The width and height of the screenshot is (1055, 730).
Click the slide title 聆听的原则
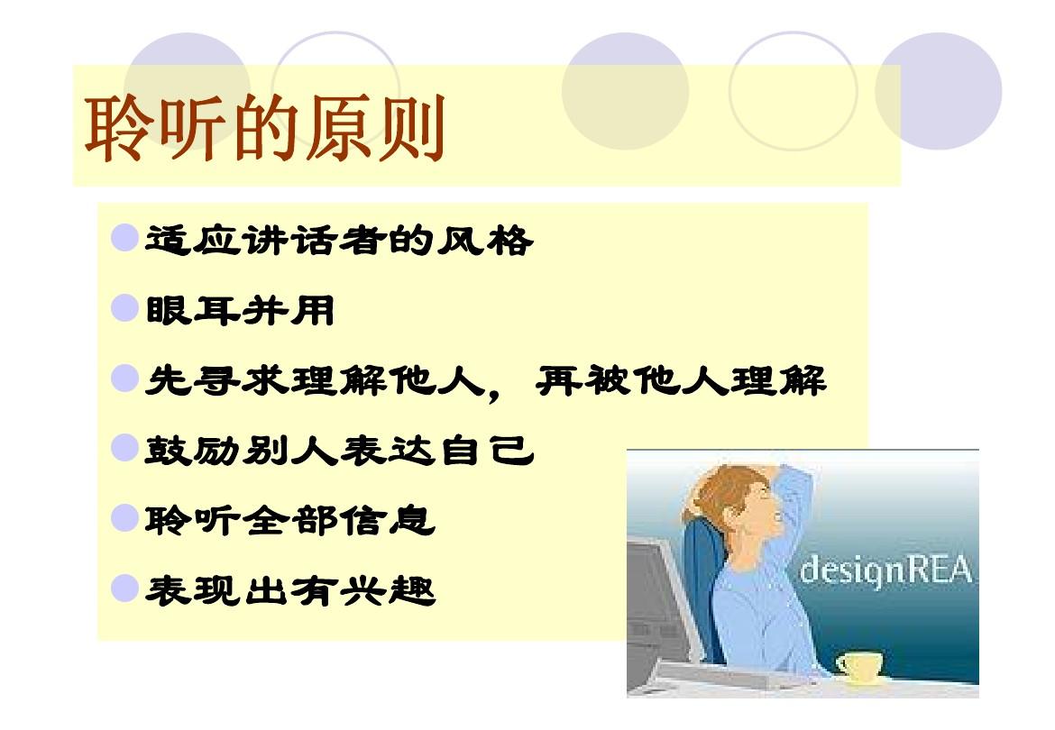point(264,128)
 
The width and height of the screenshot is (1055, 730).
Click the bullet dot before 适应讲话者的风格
point(124,238)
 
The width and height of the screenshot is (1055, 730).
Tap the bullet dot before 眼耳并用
point(124,308)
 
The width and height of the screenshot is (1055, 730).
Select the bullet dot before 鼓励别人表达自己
point(124,448)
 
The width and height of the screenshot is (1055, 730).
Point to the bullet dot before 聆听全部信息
point(124,518)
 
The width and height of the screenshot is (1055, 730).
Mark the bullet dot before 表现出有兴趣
point(124,589)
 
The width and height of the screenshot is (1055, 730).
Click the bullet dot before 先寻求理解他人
point(124,379)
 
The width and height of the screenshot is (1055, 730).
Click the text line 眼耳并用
point(240,311)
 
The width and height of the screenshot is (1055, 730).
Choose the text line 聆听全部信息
point(290,520)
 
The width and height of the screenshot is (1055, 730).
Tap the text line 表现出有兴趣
point(290,591)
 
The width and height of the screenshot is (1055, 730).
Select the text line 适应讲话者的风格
point(339,240)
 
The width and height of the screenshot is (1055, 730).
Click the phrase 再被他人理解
point(681,380)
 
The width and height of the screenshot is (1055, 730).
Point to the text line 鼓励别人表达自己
point(339,451)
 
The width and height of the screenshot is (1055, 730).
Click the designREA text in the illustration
point(886,570)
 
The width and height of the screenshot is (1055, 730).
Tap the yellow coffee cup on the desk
point(859,666)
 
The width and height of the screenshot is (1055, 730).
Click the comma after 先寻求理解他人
point(494,392)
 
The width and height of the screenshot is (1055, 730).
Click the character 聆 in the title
point(117,128)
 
